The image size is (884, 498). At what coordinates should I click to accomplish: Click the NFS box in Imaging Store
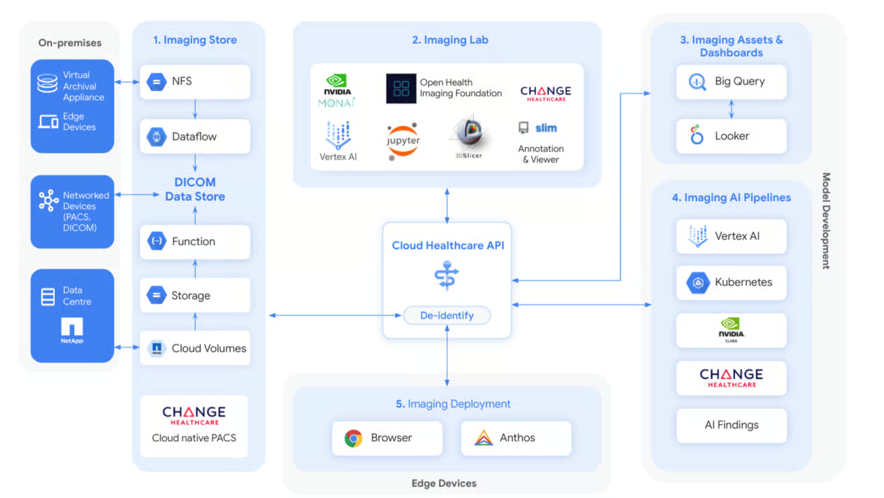tap(195, 82)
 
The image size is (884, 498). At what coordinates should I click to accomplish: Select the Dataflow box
tap(195, 137)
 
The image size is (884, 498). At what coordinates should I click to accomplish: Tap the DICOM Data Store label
tap(195, 189)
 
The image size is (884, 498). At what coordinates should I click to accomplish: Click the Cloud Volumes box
tap(195, 348)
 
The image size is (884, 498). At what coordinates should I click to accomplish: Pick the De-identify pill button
tap(447, 315)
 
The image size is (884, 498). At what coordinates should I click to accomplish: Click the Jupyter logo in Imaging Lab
tap(403, 141)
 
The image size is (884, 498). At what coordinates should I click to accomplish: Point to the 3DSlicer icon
tap(469, 137)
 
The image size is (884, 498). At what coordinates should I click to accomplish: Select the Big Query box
tap(731, 82)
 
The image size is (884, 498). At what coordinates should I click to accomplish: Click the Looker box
tap(731, 136)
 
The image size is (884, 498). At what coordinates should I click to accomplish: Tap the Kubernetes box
tap(731, 282)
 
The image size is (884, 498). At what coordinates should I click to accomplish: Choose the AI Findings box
tap(731, 425)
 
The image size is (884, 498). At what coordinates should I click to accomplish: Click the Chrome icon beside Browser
tap(353, 438)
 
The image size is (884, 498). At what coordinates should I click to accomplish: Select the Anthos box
tap(516, 438)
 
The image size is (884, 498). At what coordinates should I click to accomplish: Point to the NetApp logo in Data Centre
tap(72, 330)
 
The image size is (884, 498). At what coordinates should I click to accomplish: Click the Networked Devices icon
tap(48, 200)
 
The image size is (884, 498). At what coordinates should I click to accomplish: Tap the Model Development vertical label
tap(826, 221)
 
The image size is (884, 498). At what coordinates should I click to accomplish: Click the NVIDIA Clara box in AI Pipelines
tap(731, 330)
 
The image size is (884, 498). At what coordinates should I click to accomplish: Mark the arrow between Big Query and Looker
tap(731, 109)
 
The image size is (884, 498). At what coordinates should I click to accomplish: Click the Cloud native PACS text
tap(194, 438)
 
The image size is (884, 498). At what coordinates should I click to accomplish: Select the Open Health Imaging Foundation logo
tap(401, 89)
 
